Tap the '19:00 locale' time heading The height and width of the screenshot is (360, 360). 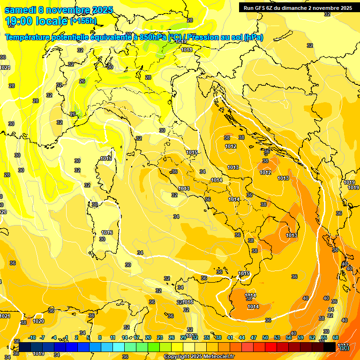point(36,21)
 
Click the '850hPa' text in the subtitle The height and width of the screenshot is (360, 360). point(153,37)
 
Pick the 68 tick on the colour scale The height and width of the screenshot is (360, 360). point(336,337)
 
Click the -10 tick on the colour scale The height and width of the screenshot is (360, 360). point(32,337)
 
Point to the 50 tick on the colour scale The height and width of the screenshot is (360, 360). point(265,337)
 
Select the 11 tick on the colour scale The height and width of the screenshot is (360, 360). point(112,337)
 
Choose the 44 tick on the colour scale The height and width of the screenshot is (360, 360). point(242,337)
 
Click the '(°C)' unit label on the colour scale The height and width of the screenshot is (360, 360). point(344,348)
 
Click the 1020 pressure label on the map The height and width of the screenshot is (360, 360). point(38,322)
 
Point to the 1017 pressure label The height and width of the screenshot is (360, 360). point(343,345)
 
